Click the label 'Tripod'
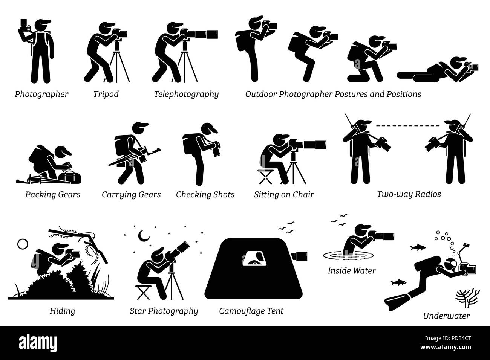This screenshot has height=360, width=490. click(x=106, y=94)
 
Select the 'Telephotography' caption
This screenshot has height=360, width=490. click(x=186, y=94)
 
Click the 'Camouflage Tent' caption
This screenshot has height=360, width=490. click(x=251, y=311)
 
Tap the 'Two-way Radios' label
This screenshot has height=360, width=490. click(x=409, y=195)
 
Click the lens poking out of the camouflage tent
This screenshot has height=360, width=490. click(x=300, y=256)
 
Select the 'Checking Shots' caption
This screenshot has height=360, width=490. click(x=205, y=195)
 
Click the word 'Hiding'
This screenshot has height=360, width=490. click(x=62, y=311)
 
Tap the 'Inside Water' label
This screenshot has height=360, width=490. click(x=352, y=270)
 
